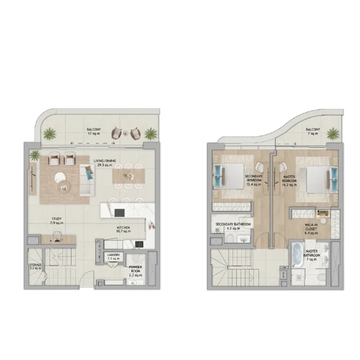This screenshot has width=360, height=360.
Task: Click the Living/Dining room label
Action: point(105,163)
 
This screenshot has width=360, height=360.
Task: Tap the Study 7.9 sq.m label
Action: point(57,221)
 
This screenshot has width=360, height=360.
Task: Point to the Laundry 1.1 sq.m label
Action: point(113,257)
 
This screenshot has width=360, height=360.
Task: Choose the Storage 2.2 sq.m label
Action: point(35,266)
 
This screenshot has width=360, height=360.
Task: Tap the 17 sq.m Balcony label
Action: point(94,131)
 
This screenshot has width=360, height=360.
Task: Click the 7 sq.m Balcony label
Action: point(313,131)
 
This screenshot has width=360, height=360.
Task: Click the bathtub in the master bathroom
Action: point(298,254)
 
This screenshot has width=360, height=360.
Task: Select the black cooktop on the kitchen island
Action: point(120,213)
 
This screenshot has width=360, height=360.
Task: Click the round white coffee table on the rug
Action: point(60,178)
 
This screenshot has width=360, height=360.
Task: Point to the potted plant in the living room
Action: point(35,156)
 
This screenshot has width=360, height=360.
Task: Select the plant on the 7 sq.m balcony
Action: point(333,134)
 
